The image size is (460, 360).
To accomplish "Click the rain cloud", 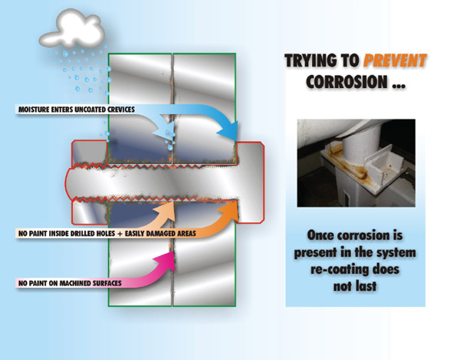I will tap(73, 28).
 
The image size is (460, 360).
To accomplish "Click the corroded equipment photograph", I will tap(356, 162).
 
